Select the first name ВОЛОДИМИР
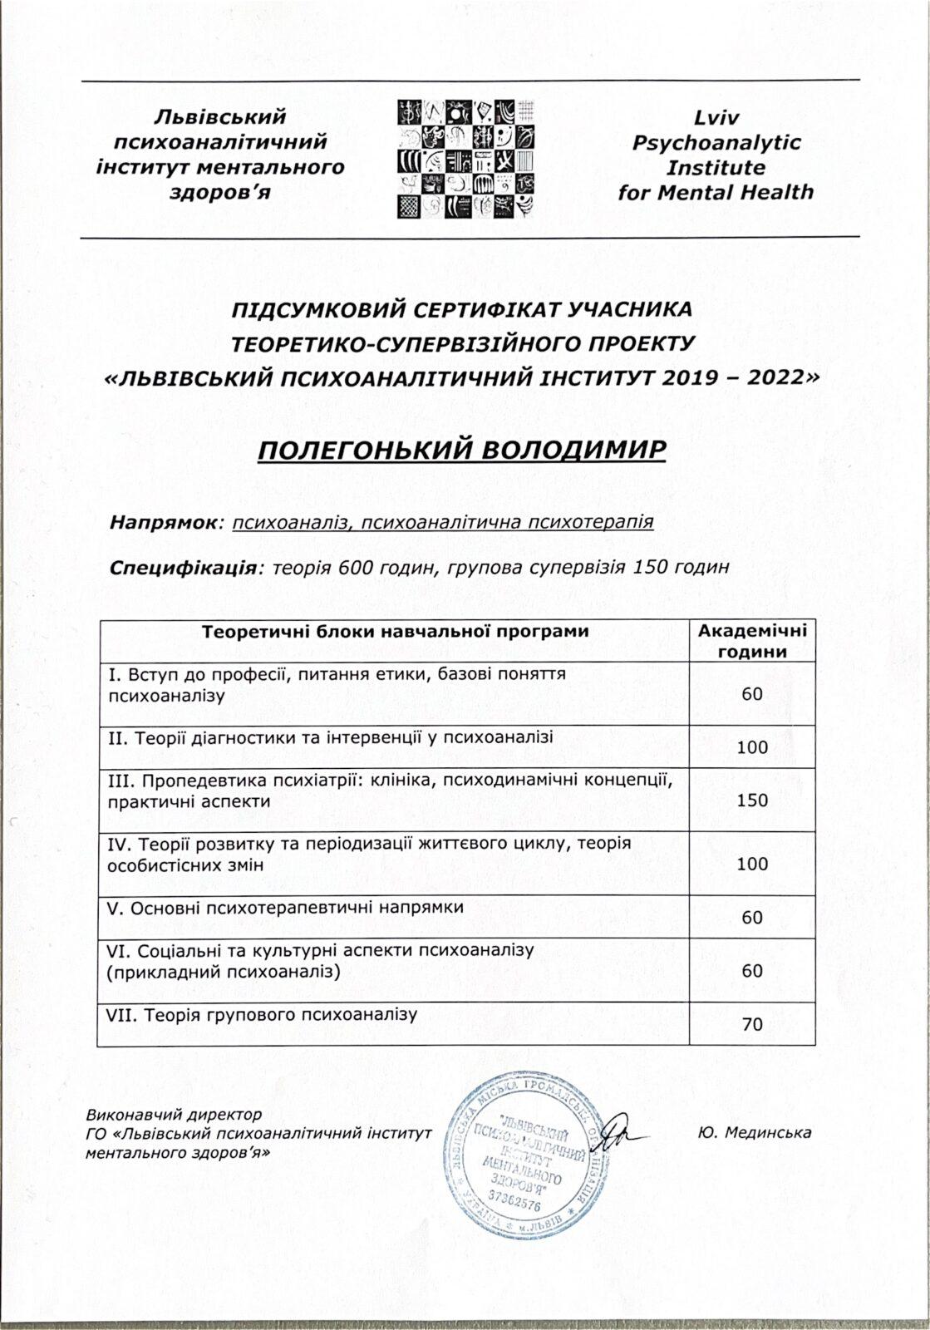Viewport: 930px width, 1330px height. click(573, 450)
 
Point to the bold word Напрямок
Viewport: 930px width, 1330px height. click(162, 522)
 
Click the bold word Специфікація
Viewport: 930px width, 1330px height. click(181, 569)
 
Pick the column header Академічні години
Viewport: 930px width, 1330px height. click(751, 641)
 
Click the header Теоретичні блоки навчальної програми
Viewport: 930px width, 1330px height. click(396, 631)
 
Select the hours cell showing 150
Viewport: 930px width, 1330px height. click(752, 800)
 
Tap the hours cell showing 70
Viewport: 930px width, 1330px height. click(752, 1024)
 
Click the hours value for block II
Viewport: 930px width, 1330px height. click(752, 747)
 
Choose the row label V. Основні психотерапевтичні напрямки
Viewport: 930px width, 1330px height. click(286, 907)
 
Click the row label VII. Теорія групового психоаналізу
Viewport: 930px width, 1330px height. click(262, 1014)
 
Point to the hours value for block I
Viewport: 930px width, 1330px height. click(752, 694)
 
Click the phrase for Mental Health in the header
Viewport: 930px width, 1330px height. click(716, 193)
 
